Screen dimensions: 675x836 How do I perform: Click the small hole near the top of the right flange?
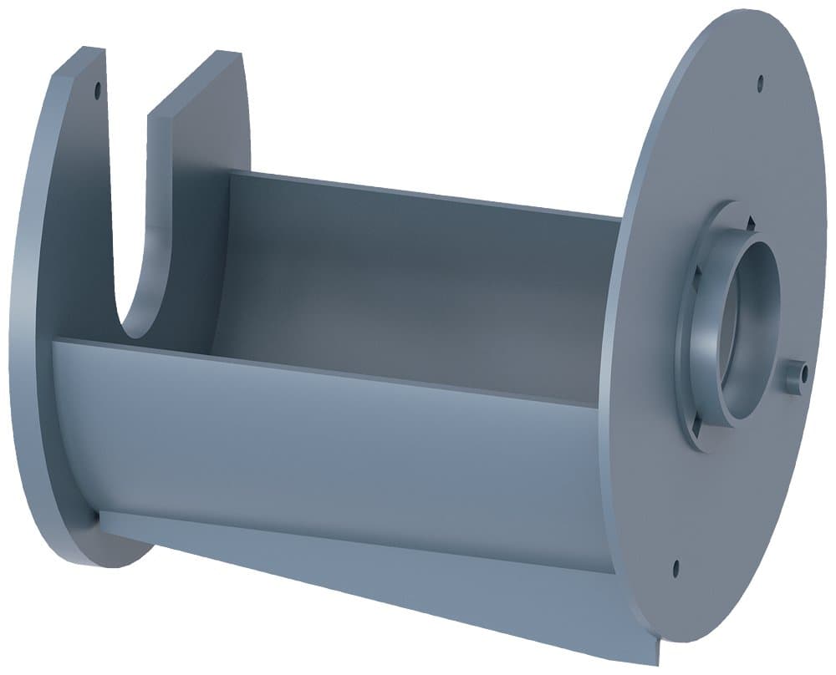tap(760, 83)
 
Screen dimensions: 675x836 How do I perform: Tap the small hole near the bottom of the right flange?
tap(675, 569)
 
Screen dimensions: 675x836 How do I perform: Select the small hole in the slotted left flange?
tap(97, 87)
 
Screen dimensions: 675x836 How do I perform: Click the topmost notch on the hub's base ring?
tap(750, 222)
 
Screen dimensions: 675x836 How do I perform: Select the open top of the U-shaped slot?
tap(127, 84)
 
